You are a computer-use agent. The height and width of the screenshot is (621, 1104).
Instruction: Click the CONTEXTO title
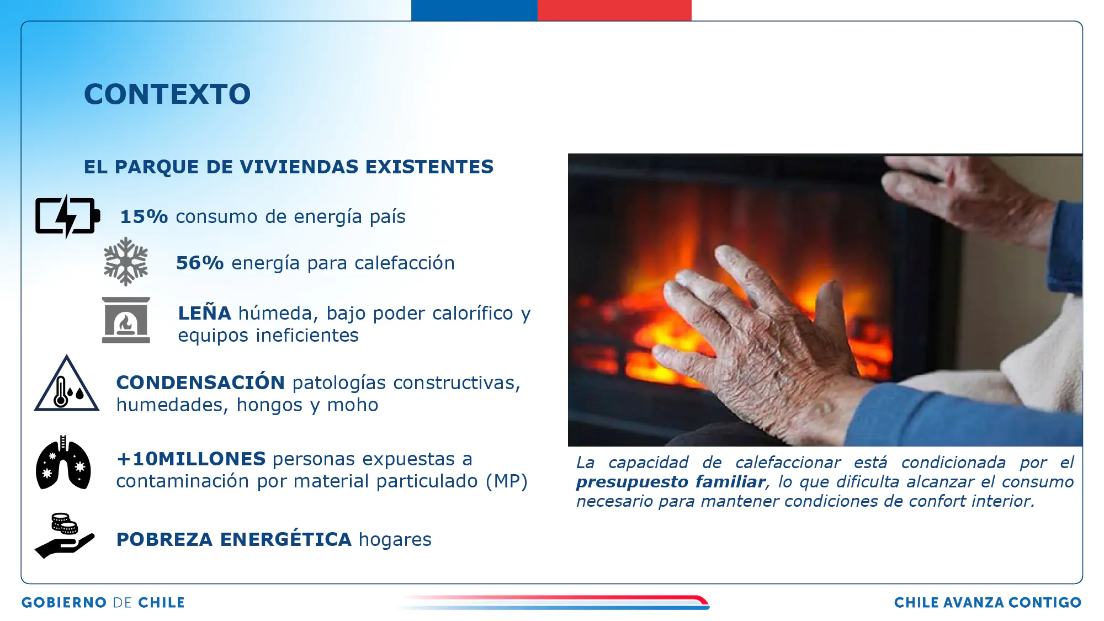(x=167, y=94)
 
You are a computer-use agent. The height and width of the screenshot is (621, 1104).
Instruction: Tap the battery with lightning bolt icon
(x=67, y=216)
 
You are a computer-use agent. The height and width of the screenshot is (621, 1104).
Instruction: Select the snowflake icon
(x=126, y=262)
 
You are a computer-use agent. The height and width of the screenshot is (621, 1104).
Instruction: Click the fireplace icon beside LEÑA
(x=126, y=320)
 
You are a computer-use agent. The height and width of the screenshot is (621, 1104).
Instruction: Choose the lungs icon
(x=63, y=463)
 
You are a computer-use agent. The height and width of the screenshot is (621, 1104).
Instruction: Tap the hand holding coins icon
(x=65, y=535)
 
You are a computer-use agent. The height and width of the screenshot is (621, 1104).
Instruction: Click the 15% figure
(x=144, y=216)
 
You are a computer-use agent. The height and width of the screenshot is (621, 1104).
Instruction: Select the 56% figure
(x=200, y=263)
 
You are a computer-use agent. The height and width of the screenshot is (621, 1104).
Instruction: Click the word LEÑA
(x=205, y=312)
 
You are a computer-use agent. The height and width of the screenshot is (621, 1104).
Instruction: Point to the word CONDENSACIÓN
(x=200, y=382)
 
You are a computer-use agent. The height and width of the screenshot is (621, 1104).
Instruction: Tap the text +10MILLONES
(x=191, y=459)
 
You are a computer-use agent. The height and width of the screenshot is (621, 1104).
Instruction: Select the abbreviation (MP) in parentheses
(x=507, y=481)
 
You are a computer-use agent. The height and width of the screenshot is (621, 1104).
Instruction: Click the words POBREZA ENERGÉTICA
(x=234, y=539)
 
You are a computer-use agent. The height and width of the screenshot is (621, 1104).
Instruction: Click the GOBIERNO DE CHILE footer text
(x=103, y=602)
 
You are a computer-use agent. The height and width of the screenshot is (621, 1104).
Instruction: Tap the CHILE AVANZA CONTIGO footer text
(x=988, y=602)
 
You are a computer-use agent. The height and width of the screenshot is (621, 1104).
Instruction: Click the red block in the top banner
(x=614, y=10)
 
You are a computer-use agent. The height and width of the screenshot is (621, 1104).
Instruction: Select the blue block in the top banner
(x=474, y=10)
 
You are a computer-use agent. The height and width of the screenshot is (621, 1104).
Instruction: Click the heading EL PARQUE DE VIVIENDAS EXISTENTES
(x=289, y=167)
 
